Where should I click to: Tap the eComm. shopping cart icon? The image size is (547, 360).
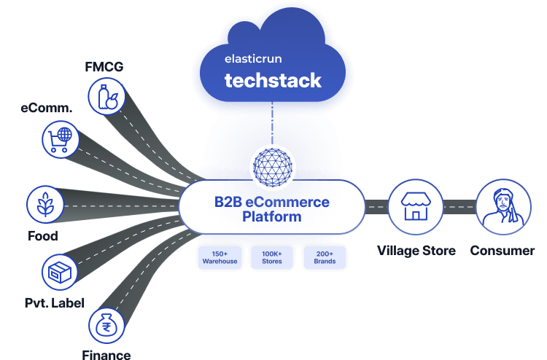click(60, 138)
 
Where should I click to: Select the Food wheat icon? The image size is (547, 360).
click(45, 204)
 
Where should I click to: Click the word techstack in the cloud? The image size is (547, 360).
click(273, 80)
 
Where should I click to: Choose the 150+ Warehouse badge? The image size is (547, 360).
click(220, 257)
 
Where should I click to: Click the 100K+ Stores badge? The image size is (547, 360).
click(272, 257)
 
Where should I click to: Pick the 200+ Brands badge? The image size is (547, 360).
click(325, 257)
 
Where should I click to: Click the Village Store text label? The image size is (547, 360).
click(416, 251)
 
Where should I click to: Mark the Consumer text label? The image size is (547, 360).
click(503, 251)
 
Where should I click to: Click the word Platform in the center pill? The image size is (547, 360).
click(272, 217)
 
